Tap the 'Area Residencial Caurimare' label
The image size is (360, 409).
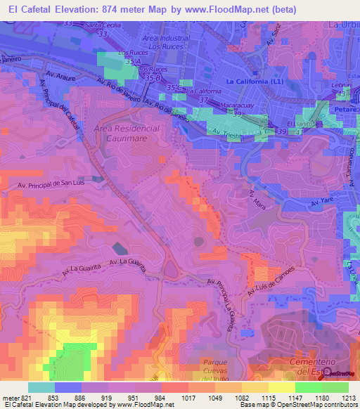coord(127,134)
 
